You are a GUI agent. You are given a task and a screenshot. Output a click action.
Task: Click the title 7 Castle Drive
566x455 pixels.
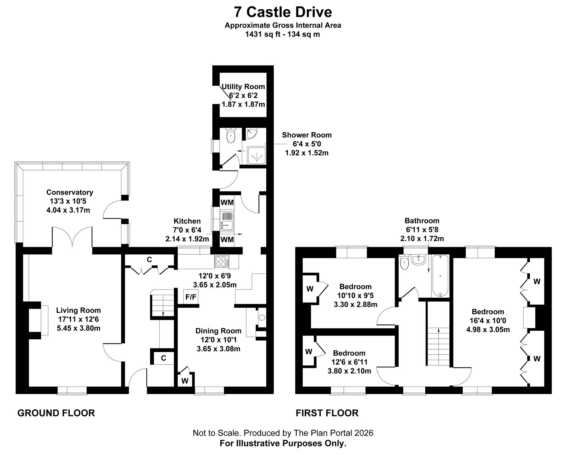(283, 12)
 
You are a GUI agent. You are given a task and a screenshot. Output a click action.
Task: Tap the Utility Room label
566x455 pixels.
(243, 86)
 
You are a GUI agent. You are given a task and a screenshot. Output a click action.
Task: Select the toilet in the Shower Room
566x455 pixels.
(231, 136)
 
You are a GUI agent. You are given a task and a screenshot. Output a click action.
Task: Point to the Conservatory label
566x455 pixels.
(70, 192)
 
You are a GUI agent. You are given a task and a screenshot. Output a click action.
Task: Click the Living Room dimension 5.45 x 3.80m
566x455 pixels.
(78, 328)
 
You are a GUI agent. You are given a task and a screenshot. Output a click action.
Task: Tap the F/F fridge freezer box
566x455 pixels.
(191, 297)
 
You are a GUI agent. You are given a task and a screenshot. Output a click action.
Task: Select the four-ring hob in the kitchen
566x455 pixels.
(222, 261)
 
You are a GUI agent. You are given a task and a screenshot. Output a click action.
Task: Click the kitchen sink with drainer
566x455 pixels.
(227, 221)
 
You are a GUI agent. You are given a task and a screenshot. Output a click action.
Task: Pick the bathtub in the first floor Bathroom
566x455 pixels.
(440, 276)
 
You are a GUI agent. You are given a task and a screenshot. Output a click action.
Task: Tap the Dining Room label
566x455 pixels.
(218, 331)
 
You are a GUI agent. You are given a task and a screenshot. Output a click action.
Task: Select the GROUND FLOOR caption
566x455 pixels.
(56, 413)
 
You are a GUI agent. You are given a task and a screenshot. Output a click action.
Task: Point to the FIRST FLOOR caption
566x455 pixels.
(327, 413)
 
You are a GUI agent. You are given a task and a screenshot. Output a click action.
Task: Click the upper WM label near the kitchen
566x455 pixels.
(227, 202)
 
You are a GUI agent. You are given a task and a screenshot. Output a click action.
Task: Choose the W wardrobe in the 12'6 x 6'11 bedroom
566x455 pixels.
(309, 352)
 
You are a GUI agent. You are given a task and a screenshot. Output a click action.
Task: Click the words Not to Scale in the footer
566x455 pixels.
(217, 433)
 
